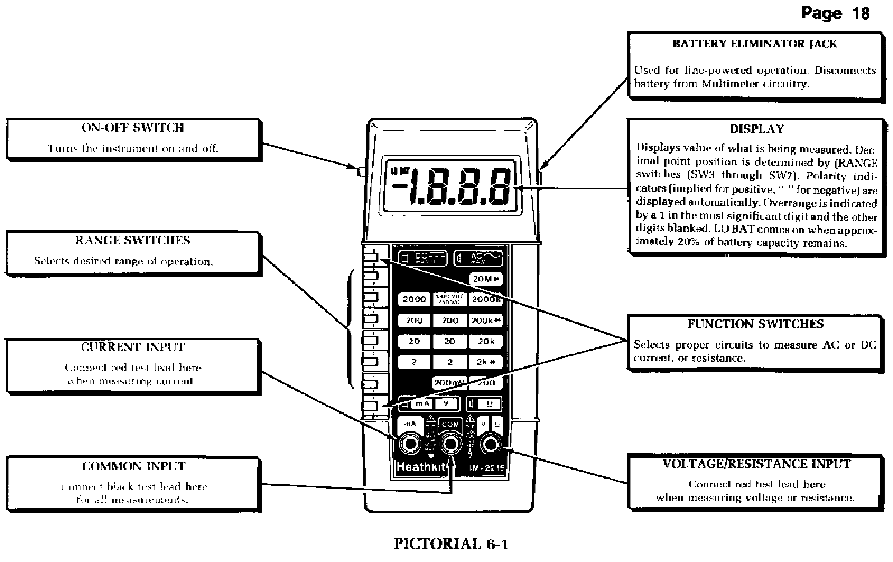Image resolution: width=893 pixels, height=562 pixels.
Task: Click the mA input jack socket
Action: point(410,444)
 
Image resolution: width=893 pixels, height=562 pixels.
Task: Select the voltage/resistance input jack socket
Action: point(491,444)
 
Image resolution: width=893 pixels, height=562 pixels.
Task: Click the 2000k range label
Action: point(485,299)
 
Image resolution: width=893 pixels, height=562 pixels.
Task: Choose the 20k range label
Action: point(485,341)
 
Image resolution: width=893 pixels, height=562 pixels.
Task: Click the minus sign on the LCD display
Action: point(400,185)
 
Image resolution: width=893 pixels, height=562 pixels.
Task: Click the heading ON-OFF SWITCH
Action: point(133,128)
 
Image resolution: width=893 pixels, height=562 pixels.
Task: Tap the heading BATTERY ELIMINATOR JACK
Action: point(755,44)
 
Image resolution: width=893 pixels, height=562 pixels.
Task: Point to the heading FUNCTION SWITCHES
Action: point(755,324)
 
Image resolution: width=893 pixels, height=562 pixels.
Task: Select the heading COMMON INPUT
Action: point(133,466)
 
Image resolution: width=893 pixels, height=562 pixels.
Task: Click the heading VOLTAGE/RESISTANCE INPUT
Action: point(756,464)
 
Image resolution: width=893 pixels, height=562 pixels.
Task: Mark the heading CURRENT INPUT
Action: point(133,347)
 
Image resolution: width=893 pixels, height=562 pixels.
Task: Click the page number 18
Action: point(861,13)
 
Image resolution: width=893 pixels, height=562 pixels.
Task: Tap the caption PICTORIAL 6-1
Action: point(451,543)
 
